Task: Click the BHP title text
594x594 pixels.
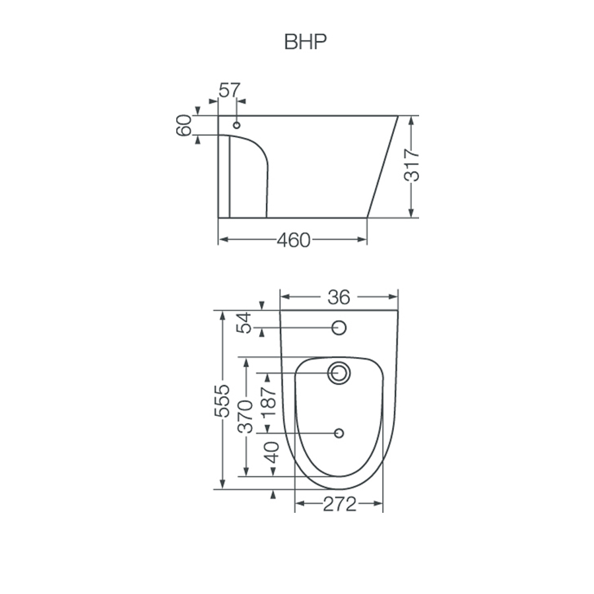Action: (x=306, y=42)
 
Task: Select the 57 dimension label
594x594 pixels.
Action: (x=230, y=90)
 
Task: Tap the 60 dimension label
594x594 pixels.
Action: (x=184, y=125)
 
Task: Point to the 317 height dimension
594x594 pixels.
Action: (x=412, y=166)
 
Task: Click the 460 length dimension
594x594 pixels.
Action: (x=292, y=240)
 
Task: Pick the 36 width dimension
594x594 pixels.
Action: (x=339, y=298)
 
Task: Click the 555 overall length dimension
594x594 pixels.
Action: (x=222, y=400)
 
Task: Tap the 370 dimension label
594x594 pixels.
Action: (x=245, y=416)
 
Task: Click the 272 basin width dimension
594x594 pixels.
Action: (x=339, y=504)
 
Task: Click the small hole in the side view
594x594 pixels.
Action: (x=238, y=124)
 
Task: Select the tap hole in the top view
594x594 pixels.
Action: (x=339, y=327)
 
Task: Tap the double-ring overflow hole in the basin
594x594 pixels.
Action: (x=340, y=372)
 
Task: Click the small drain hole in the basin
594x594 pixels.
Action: (x=339, y=433)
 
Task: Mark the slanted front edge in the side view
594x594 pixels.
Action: (x=383, y=166)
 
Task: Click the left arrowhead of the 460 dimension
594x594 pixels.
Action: (x=222, y=240)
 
